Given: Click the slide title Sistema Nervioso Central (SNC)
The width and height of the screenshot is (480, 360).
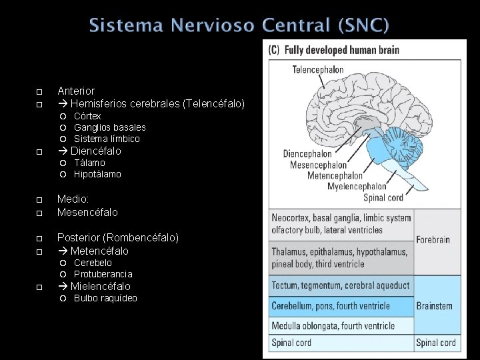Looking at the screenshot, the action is pos(239,26).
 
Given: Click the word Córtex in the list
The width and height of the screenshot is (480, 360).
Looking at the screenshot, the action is pos(87,116).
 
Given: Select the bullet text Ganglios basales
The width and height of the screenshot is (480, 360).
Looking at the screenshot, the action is pos(109,127).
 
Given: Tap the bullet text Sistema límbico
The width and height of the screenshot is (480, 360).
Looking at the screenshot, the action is pos(107,139).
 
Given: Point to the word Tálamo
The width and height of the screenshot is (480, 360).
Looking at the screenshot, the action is pos(89,163).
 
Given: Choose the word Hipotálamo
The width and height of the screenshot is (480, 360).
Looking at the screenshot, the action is pos(97,174).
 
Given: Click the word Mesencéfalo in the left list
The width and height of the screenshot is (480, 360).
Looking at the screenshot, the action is pos(87,212).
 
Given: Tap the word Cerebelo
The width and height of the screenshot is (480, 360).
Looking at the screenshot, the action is pos(93,263).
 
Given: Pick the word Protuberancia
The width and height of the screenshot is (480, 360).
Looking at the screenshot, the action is pos(103,274).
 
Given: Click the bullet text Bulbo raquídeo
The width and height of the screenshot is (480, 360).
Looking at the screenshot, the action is pos(105,298).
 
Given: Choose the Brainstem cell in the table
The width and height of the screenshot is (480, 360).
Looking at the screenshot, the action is pos(435,306).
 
